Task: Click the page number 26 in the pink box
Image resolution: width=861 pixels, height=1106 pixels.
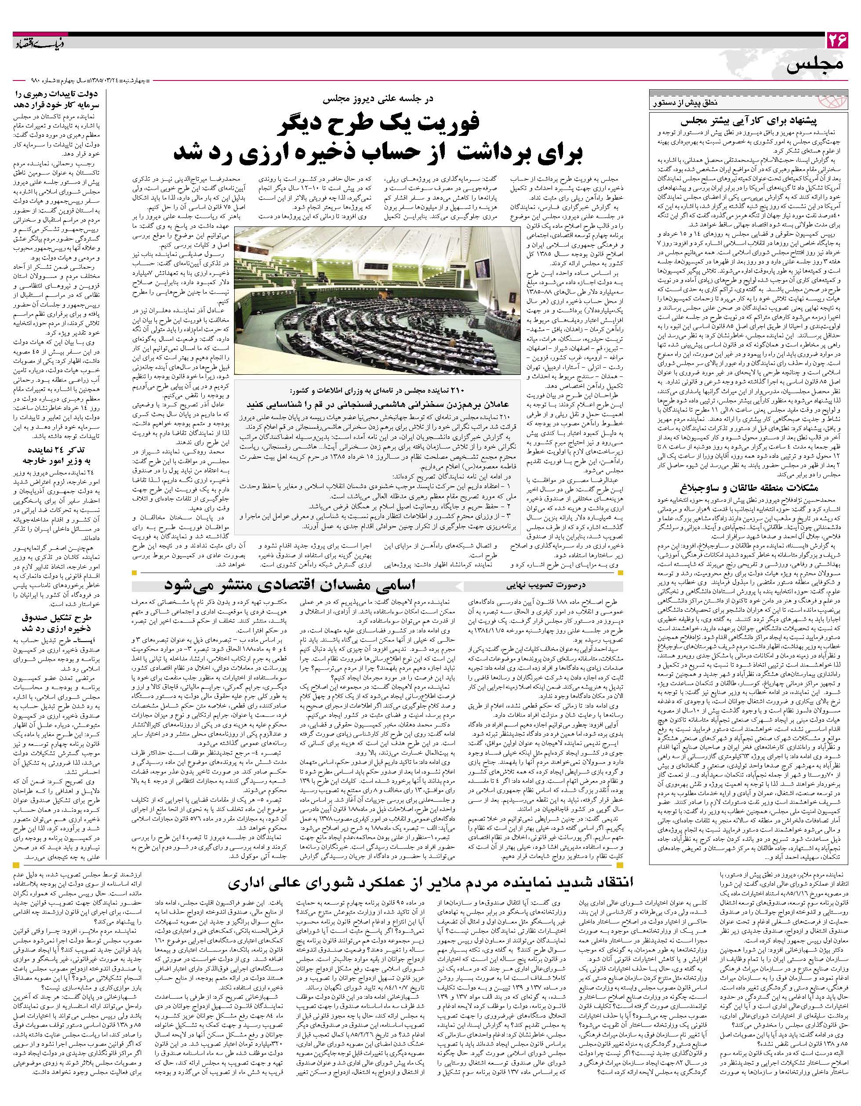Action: click(837, 40)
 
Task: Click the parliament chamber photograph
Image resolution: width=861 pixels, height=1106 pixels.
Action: click(377, 299)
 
